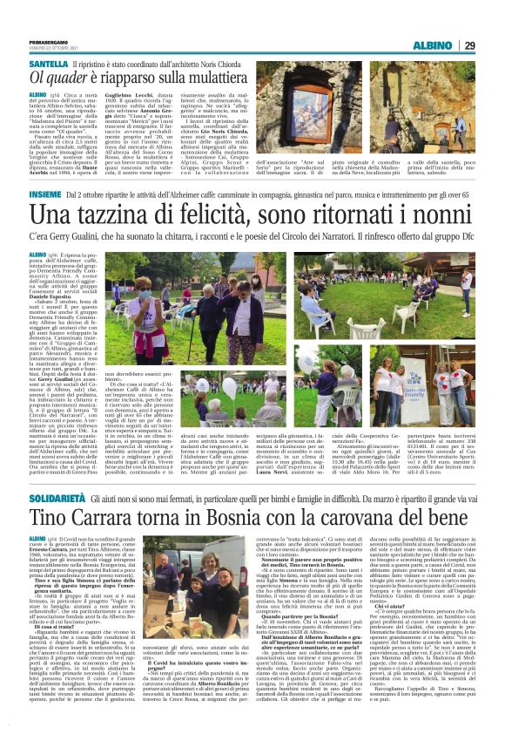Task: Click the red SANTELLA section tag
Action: point(49,65)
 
